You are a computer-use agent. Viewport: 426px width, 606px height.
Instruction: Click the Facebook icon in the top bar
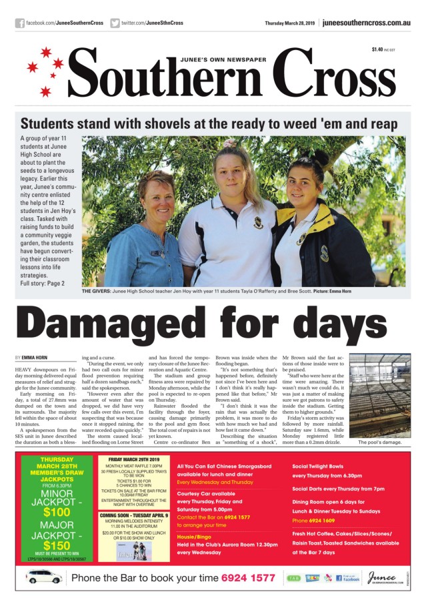pyautogui.click(x=20, y=23)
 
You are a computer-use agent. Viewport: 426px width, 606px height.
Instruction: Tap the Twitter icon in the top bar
pyautogui.click(x=115, y=23)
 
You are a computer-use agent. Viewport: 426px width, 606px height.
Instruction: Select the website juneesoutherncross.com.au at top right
pyautogui.click(x=366, y=23)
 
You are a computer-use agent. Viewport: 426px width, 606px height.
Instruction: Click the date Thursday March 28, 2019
pyautogui.click(x=290, y=23)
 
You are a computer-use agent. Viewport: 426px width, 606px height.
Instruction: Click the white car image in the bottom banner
pyautogui.click(x=45, y=577)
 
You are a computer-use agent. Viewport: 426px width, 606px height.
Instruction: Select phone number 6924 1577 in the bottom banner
pyautogui.click(x=249, y=577)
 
